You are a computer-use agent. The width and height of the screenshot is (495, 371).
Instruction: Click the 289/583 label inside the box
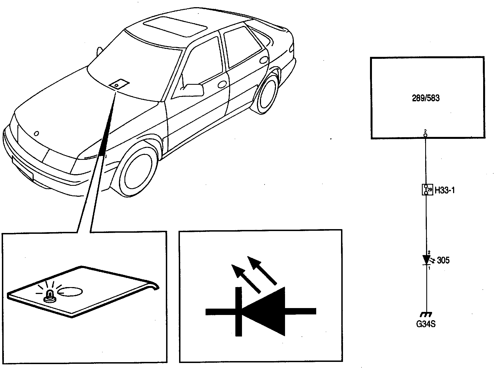[x=426, y=98]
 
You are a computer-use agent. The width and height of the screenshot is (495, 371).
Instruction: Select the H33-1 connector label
[x=445, y=190]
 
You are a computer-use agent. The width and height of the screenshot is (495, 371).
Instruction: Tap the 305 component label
[x=443, y=260]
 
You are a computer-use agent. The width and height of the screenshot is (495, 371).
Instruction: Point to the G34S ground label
[x=426, y=324]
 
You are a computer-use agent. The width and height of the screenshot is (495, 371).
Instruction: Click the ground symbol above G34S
[x=426, y=314]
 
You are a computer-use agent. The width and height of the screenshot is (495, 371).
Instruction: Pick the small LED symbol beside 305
[x=427, y=260]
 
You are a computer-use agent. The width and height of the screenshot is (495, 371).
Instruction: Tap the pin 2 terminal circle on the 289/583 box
[x=425, y=135]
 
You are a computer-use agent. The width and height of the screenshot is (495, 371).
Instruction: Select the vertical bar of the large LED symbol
[x=238, y=311]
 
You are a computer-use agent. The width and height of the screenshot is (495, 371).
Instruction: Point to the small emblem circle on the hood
[x=36, y=133]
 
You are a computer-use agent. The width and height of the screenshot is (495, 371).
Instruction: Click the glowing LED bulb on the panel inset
[x=50, y=295]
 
